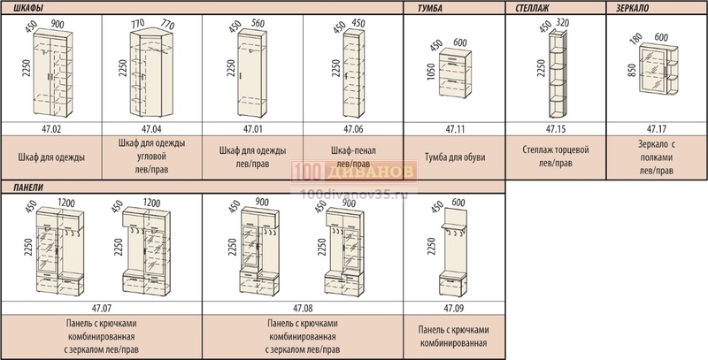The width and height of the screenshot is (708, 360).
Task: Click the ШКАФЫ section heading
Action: [x=28, y=8]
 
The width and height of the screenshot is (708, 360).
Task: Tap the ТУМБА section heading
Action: [x=430, y=8]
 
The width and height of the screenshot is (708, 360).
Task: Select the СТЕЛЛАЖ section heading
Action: [x=533, y=8]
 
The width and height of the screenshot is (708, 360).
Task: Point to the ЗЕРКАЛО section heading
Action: [x=632, y=8]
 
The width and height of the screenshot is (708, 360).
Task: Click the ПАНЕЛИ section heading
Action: [x=28, y=188]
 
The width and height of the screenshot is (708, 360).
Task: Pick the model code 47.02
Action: [x=51, y=129]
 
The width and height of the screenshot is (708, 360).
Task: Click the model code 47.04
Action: [x=151, y=129]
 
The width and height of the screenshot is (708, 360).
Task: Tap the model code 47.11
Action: [x=455, y=129]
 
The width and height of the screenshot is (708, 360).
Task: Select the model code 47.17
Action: [x=657, y=129]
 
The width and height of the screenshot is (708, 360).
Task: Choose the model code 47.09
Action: [x=454, y=309]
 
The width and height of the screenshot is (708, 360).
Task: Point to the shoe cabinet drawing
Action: [x=455, y=73]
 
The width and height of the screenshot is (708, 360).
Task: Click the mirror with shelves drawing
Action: [x=658, y=70]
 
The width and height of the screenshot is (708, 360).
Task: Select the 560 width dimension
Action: [x=257, y=24]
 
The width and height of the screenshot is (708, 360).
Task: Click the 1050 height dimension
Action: [x=431, y=72]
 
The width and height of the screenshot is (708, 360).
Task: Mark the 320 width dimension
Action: [x=563, y=22]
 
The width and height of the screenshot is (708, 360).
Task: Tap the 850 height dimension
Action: [x=632, y=70]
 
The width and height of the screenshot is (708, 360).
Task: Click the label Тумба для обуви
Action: [x=455, y=157]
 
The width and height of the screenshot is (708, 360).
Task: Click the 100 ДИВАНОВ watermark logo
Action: [x=353, y=172]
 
